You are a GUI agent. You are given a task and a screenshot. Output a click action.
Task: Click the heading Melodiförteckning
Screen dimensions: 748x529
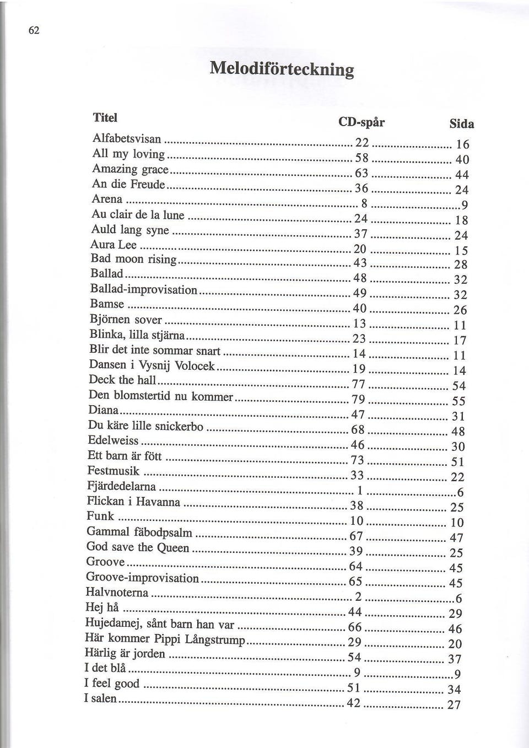282,69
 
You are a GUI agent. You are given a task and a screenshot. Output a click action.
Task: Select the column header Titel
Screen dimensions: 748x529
105,117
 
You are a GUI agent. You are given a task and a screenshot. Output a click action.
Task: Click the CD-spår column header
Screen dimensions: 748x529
361,122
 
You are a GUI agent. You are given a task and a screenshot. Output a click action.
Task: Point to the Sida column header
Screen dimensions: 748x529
462,124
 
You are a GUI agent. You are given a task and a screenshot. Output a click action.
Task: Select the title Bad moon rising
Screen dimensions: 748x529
133,259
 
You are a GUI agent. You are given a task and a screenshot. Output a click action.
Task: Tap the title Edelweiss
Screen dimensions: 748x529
113,440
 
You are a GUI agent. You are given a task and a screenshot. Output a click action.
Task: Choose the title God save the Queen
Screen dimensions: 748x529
138,547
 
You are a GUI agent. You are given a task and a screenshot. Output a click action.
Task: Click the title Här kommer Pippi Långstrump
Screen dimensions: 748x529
165,639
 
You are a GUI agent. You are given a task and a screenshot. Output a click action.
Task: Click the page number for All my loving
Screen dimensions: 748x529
462,160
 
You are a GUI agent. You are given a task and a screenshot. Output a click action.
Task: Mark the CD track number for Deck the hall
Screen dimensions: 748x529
359,384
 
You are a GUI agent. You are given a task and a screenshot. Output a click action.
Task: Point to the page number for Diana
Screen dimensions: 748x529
458,416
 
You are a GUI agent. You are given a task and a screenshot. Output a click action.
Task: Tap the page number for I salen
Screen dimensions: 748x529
454,704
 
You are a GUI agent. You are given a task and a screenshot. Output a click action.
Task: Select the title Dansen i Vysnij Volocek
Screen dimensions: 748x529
152,365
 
